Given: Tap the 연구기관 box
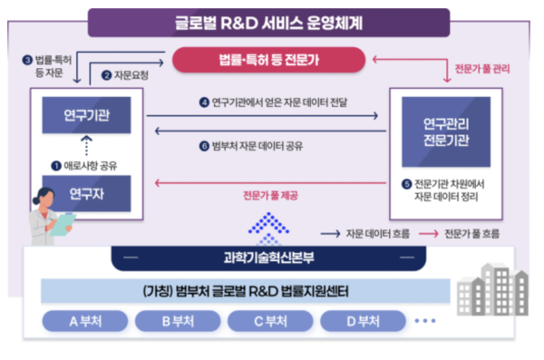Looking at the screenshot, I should pos(86,116).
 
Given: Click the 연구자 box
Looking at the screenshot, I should pos(86,192).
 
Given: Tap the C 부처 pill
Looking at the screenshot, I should pos(268,322).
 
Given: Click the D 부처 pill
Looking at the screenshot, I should pos(360,322).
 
